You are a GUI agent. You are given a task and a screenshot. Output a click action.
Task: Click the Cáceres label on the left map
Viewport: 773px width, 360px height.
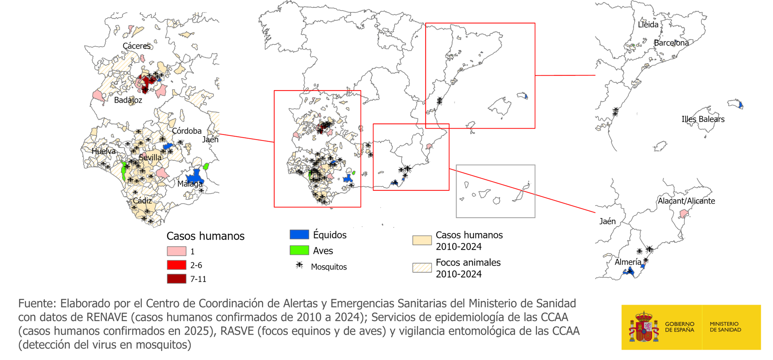coord(137,46)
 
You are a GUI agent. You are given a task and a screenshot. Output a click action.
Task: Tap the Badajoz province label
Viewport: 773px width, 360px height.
coord(128,100)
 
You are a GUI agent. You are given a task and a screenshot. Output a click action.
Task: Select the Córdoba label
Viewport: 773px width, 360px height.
coord(187,131)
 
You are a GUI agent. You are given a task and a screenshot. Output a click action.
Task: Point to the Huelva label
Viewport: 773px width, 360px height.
coord(103,151)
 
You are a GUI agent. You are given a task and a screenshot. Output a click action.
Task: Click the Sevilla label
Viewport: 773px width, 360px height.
coord(150,158)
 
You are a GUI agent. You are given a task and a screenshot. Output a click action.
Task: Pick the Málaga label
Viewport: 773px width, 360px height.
coord(190,184)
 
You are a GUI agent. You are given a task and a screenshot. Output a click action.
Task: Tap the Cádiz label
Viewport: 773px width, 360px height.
coord(142,201)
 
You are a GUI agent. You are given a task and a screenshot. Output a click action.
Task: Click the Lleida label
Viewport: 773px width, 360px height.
coord(648,24)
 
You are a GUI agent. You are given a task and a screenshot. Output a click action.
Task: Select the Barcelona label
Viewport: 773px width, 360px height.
coord(671,43)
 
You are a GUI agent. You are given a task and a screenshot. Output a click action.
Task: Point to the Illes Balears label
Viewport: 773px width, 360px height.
coord(703,119)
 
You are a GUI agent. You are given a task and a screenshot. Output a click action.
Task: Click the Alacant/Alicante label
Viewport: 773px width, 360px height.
coord(686,201)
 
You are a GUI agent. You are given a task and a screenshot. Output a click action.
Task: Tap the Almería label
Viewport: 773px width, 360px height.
coord(627,262)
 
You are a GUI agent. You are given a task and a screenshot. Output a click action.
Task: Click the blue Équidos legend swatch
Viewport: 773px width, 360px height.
coord(299,234)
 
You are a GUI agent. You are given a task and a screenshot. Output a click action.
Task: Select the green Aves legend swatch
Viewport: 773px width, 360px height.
coord(299,250)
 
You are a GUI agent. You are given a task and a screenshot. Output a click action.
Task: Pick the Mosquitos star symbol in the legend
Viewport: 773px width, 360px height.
coord(299,265)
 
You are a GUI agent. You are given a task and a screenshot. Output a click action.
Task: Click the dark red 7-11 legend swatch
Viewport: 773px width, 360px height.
coord(177,279)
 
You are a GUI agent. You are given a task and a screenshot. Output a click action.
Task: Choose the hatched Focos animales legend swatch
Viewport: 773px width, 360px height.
coord(422,268)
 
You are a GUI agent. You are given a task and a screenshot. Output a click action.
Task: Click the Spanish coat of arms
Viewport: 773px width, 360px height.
coord(643,327)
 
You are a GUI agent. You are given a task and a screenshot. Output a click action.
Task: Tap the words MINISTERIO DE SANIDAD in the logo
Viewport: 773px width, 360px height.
coord(725,327)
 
